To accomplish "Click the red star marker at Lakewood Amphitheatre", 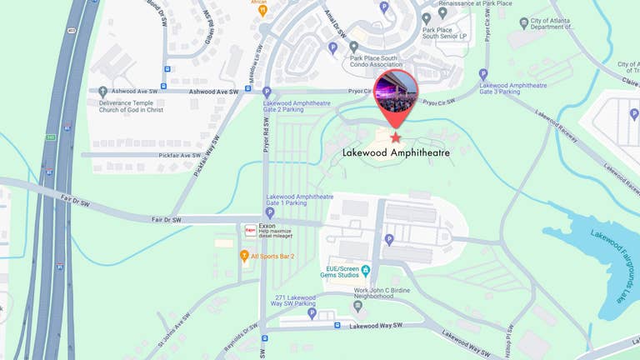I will click(395, 137).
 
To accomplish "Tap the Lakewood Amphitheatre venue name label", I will click(396, 153).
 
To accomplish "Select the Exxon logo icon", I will click(250, 229).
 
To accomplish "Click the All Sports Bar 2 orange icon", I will click(244, 256).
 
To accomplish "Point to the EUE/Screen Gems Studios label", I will click(344, 271).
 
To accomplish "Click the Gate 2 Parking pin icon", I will click(267, 92).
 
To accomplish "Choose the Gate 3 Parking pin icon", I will click(483, 75).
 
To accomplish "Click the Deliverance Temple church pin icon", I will click(102, 92).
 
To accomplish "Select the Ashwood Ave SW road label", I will click(213, 92).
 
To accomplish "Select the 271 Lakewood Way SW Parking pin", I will click(312, 313).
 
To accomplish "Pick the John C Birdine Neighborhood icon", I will click(357, 306).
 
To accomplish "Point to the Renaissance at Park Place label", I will click(476, 3).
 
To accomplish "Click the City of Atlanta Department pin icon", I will click(524, 22).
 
